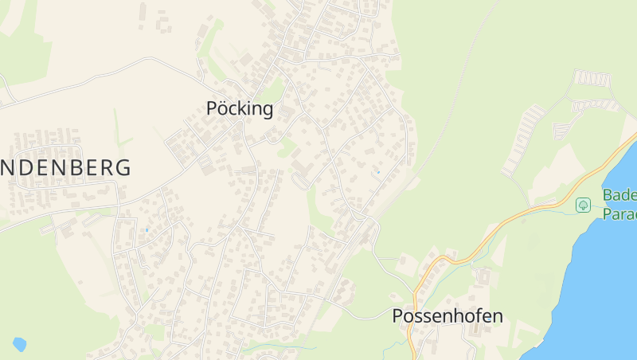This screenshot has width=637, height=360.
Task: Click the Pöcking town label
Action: pos(240,109)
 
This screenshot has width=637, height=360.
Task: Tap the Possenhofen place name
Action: pos(447,316)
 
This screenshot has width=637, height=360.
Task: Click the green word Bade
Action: pos(619,196)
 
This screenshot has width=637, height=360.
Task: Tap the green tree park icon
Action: pos(584,205)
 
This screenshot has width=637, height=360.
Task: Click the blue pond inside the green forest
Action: pos(19,344)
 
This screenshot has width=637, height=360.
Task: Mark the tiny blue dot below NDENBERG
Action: pos(147,230)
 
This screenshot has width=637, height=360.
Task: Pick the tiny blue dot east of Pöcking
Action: pos(377,171)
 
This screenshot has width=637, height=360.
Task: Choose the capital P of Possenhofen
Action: pos(399,316)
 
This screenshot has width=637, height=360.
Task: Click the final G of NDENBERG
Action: pos(123,168)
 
